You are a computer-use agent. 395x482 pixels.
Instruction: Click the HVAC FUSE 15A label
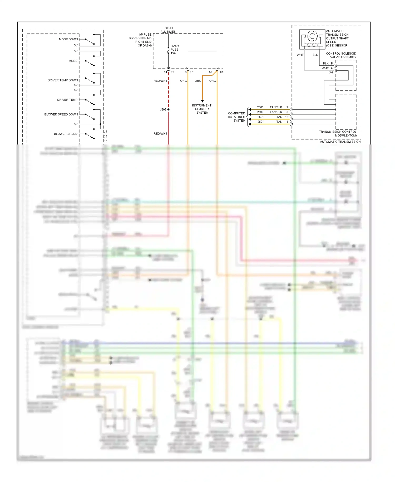pyautogui.click(x=174, y=50)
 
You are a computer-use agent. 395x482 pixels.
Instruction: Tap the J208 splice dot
pyautogui.click(x=168, y=109)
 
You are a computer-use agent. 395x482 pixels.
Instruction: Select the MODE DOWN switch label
pyautogui.click(x=68, y=39)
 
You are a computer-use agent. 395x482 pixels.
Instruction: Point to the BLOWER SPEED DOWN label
pyautogui.click(x=61, y=114)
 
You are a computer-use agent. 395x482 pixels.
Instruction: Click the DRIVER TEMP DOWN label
pyautogui.click(x=63, y=80)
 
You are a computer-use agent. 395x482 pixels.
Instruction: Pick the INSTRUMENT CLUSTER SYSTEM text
pyautogui.click(x=202, y=109)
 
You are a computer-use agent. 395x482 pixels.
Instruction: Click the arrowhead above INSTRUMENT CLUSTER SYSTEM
pyautogui.click(x=202, y=101)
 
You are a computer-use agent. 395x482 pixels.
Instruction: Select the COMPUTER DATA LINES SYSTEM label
pyautogui.click(x=236, y=117)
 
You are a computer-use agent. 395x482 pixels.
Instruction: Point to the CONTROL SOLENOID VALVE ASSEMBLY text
pyautogui.click(x=341, y=55)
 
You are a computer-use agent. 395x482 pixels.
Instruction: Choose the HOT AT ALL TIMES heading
pyautogui.click(x=168, y=30)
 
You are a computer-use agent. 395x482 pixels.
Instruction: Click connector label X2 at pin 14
pyautogui.click(x=172, y=72)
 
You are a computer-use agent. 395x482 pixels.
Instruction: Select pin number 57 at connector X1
pyautogui.click(x=210, y=72)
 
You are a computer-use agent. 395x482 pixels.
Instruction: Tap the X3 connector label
pyautogui.click(x=191, y=72)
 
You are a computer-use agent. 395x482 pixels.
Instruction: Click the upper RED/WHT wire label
pyautogui.click(x=160, y=81)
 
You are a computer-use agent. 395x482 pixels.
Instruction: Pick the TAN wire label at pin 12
pyautogui.click(x=279, y=117)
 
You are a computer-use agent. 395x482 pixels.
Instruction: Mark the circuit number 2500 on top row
pyautogui.click(x=260, y=107)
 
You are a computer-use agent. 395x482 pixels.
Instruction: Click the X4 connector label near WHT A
pyautogui.click(x=331, y=72)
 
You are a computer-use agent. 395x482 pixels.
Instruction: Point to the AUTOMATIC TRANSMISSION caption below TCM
pyautogui.click(x=340, y=142)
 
